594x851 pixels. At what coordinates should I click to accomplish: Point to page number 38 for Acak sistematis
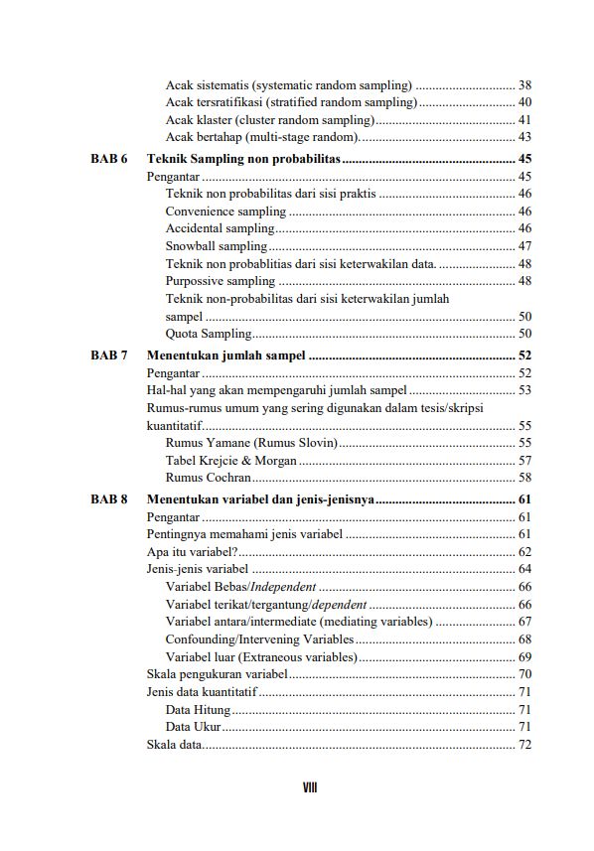524,85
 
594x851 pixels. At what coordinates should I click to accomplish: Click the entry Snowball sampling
217,246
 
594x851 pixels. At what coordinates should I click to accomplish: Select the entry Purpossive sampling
220,281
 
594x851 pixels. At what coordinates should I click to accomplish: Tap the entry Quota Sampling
209,334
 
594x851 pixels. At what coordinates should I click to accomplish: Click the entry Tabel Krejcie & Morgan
231,460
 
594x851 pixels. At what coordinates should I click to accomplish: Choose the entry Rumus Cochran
207,478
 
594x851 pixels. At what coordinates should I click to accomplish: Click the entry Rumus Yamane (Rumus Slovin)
251,442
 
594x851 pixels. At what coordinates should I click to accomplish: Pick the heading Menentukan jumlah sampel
225,355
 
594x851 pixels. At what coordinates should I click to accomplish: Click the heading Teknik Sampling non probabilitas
243,159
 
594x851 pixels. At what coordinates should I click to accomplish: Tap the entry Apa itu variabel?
192,552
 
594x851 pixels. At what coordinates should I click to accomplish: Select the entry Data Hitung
198,710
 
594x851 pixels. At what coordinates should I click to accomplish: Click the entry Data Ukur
193,728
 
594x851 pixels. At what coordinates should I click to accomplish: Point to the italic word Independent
288,587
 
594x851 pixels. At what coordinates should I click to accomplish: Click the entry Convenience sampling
225,212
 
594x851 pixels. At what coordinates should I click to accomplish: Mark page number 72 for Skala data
524,745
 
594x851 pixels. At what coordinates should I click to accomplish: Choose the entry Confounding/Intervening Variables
259,639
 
